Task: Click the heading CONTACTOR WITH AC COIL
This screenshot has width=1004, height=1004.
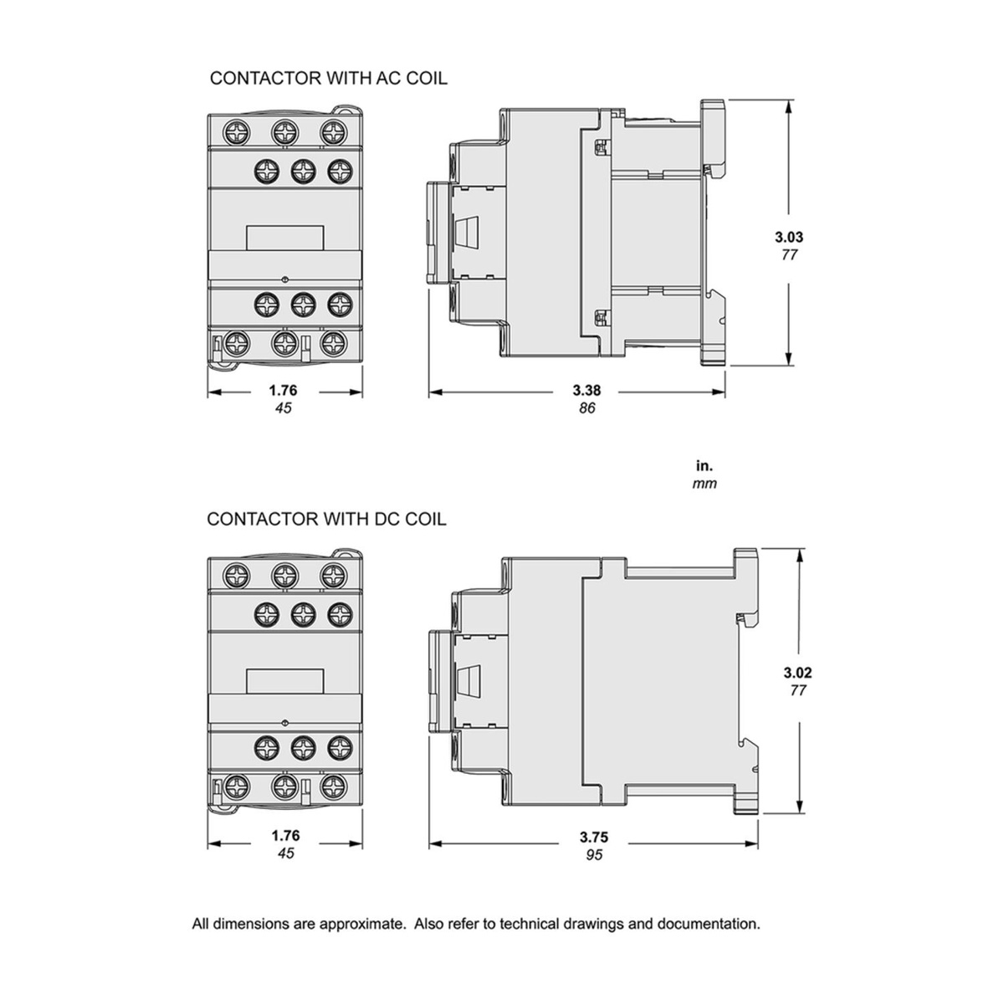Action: click(x=328, y=78)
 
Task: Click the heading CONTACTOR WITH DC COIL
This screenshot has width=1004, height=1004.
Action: click(x=326, y=519)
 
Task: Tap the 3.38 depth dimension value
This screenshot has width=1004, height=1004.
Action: click(x=587, y=390)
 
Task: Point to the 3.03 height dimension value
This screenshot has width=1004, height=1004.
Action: click(x=789, y=237)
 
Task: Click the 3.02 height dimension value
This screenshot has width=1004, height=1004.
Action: click(x=797, y=672)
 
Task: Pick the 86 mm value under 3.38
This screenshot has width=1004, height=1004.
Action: click(x=587, y=408)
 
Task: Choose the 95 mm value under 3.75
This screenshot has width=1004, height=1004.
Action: click(x=593, y=854)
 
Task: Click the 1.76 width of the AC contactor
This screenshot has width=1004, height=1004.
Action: click(x=283, y=390)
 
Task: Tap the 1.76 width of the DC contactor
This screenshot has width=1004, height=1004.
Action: click(x=284, y=835)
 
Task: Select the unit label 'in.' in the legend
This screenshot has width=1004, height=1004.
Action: click(x=704, y=465)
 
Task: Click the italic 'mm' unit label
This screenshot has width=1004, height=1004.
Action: click(x=704, y=483)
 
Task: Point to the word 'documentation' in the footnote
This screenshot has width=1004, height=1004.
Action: click(x=708, y=925)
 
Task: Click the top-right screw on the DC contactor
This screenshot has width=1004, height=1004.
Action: click(x=334, y=575)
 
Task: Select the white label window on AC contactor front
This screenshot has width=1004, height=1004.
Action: click(x=284, y=238)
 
